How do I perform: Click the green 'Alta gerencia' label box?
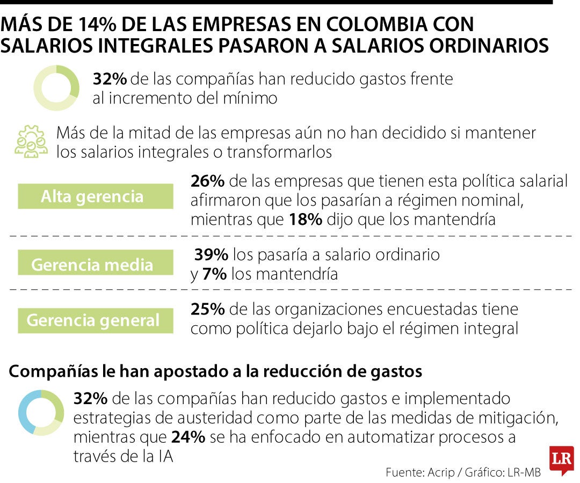click(95, 196)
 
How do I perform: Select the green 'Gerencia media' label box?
click(95, 265)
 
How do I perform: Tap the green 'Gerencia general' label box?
click(95, 320)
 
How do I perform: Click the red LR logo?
click(561, 460)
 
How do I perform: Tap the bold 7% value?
click(214, 274)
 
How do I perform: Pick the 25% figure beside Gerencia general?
click(207, 310)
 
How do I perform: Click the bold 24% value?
click(188, 437)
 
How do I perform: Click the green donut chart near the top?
click(56, 87)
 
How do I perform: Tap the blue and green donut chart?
click(41, 412)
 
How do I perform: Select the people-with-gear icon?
click(31, 142)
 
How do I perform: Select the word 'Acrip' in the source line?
click(441, 472)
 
